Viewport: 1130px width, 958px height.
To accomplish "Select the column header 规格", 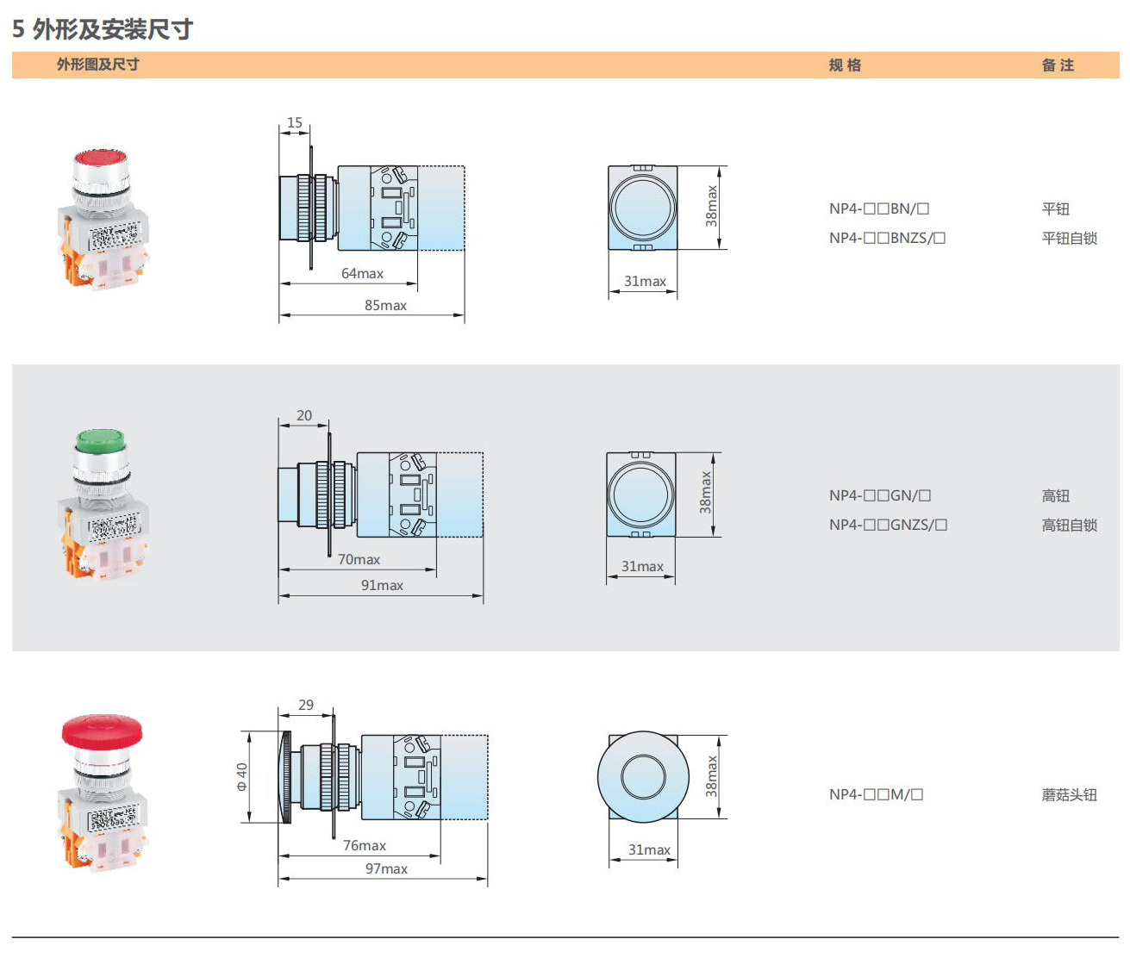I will click(845, 65).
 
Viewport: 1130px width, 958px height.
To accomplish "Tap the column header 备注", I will click(1058, 65).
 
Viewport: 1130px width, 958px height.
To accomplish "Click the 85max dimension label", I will click(385, 306).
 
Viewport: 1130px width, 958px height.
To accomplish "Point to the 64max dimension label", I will click(362, 274).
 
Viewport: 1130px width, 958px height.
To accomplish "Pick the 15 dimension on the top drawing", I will click(295, 123).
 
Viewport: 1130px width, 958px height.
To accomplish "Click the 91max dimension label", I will click(382, 586).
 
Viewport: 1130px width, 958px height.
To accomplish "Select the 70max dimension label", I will click(359, 560).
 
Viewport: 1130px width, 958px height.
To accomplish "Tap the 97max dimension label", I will click(386, 869).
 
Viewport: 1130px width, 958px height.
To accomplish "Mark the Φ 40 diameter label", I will click(242, 776).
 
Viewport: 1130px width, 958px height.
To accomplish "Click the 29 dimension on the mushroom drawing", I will click(306, 706).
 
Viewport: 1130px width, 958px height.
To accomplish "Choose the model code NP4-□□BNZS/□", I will click(887, 239).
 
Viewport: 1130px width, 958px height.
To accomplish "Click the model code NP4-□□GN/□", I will click(880, 496).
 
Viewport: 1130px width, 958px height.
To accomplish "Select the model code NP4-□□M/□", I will click(876, 795).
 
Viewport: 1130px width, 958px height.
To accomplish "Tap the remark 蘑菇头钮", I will click(1069, 795).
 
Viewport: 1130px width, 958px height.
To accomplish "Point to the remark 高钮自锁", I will click(1069, 526).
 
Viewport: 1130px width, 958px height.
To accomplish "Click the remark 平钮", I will click(1055, 209).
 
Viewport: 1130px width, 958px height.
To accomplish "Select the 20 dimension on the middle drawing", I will click(304, 416).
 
